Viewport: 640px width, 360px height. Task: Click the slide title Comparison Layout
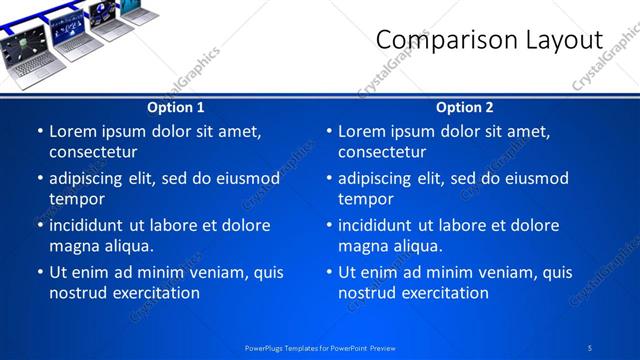click(489, 40)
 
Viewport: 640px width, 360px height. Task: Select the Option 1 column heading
click(176, 108)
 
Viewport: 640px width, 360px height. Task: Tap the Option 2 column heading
click(465, 108)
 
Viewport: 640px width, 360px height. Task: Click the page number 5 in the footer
click(590, 347)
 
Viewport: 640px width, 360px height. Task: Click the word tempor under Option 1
click(77, 199)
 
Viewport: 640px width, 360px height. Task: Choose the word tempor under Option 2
click(366, 199)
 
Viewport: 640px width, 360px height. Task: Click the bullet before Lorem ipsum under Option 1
click(39, 131)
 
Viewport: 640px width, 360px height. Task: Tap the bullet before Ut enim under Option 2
click(328, 272)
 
